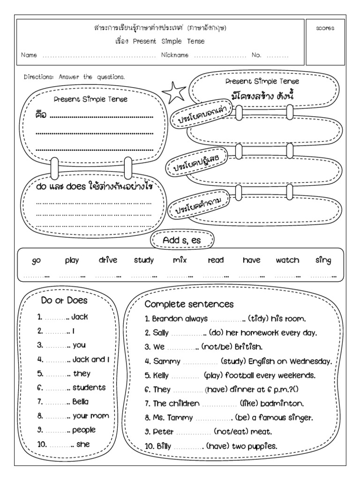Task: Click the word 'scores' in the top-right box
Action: (325, 28)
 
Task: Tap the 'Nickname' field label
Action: (175, 55)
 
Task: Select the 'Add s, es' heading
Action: (182, 240)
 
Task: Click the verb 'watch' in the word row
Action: (287, 260)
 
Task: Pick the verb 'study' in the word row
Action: (143, 260)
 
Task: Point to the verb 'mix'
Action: (180, 260)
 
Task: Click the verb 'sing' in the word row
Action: (323, 260)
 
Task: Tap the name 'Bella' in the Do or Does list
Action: (81, 401)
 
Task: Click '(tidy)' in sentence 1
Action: (260, 319)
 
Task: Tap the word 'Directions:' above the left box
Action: (39, 77)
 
